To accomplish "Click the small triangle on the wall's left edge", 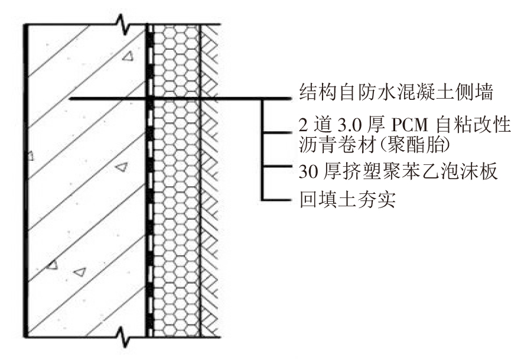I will coord(29,157).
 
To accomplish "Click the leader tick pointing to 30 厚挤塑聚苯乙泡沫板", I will coord(278,167).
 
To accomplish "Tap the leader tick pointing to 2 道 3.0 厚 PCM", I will coord(278,132).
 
